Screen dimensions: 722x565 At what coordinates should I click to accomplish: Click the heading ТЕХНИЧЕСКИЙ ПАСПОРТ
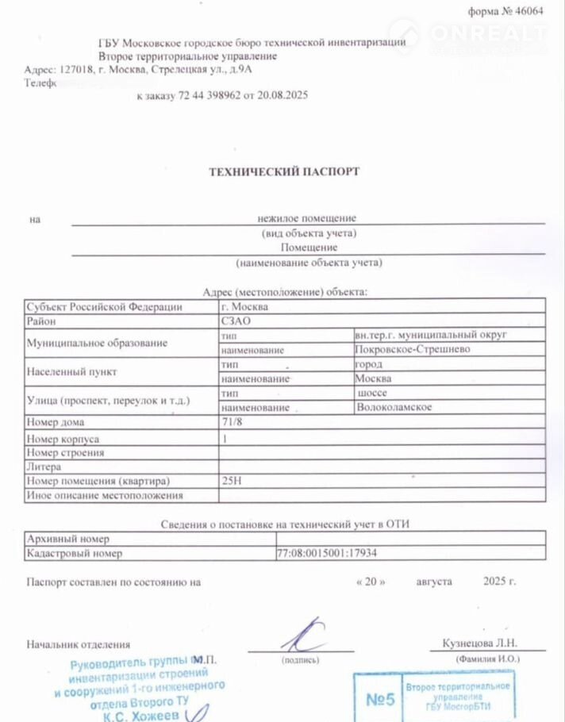click(284, 171)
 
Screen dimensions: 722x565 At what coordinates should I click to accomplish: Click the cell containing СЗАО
click(236, 321)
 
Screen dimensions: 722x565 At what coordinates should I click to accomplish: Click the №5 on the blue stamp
click(380, 699)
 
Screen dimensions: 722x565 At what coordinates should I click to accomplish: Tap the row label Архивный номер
click(67, 538)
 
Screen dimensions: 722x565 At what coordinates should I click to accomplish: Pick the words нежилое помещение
click(306, 217)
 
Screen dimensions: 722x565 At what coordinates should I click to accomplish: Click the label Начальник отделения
click(78, 645)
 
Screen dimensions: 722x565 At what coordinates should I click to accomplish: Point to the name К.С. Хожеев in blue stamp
click(142, 715)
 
